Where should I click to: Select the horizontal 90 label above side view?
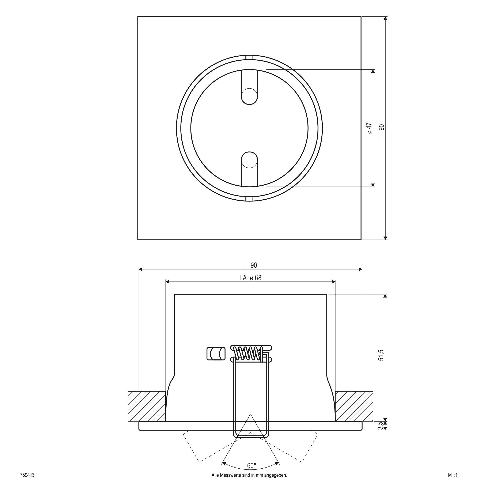[250, 265]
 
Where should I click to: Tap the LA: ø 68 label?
[250, 278]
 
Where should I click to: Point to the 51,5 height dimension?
[381, 355]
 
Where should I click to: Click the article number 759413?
[27, 482]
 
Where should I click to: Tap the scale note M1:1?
[453, 482]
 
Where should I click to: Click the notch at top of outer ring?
[249, 57]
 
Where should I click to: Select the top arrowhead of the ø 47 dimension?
[373, 71]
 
